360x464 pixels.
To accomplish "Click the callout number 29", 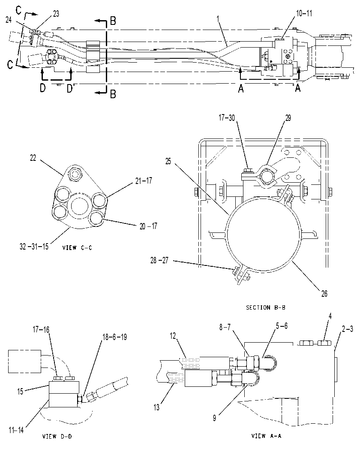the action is [288, 118].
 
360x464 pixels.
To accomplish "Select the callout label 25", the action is [168, 162].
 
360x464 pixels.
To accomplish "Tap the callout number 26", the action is [324, 293].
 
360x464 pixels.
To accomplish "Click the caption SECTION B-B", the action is [266, 307].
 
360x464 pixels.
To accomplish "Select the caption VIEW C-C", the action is [77, 247].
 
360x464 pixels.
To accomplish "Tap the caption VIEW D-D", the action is [57, 436].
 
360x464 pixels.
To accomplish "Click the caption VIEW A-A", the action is [266, 436].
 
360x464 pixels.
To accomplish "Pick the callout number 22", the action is [33, 158].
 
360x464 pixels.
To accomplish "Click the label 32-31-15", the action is [34, 247].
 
